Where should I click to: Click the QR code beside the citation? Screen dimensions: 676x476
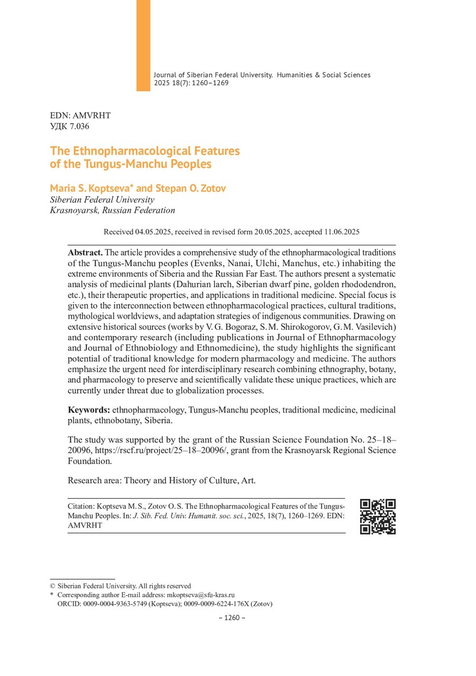pyautogui.click(x=378, y=516)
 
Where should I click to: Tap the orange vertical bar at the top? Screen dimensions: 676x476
pyautogui.click(x=143, y=45)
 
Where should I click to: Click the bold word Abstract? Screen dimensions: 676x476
pyautogui.click(x=86, y=251)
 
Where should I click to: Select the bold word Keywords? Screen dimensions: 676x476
pyautogui.click(x=88, y=409)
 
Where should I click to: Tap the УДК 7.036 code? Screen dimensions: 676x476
pyautogui.click(x=70, y=127)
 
